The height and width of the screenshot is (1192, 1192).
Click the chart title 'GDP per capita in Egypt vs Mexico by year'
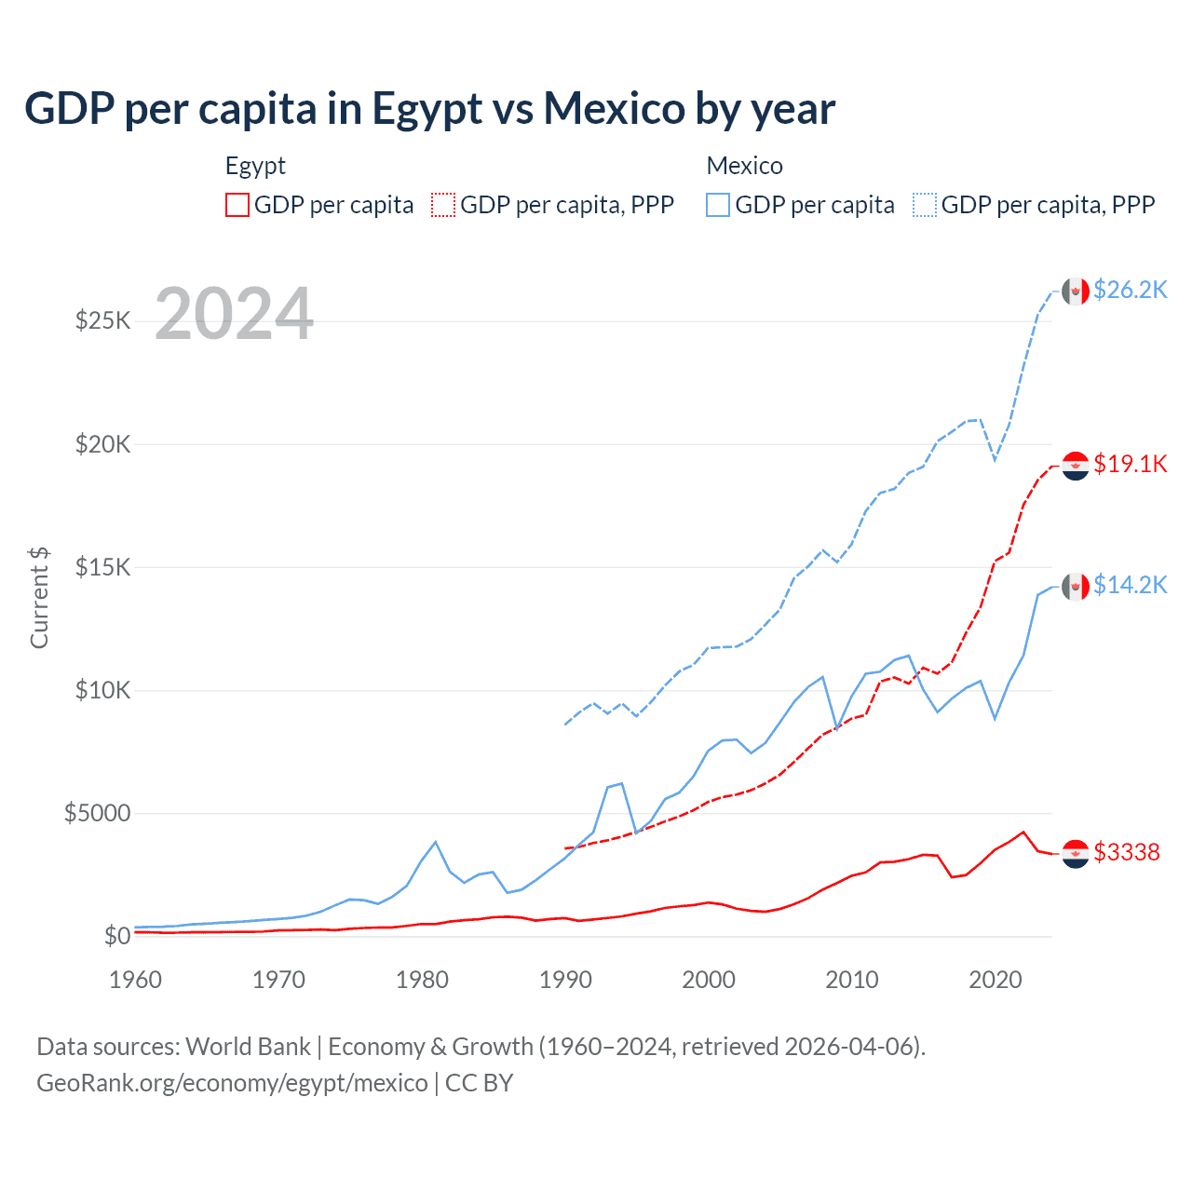pos(429,109)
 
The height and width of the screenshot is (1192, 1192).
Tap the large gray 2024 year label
pos(234,315)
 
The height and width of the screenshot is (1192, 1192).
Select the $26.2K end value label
pos(1130,291)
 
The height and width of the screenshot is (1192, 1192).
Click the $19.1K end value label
pos(1130,464)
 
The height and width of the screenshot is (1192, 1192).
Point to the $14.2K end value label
pos(1130,585)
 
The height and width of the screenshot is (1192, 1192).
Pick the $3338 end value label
pos(1126,852)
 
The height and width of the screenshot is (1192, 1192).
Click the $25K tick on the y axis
pos(102,321)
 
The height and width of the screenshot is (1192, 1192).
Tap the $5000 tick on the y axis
pos(97,813)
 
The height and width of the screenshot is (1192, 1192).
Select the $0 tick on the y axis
pos(116,936)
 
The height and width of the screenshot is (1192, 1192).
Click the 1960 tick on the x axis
pos(136,980)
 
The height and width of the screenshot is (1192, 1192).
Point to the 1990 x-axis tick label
pos(565,980)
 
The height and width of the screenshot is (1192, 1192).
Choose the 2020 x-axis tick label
pos(996,980)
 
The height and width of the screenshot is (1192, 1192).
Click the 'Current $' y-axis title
pos(39,598)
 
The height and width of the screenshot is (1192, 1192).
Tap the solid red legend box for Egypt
pos(237,205)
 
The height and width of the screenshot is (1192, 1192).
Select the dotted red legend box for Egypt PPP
pos(443,205)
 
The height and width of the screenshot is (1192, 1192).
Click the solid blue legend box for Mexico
pos(718,205)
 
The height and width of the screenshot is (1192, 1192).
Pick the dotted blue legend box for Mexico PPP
pos(925,205)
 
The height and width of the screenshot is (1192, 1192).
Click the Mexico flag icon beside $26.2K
pos(1076,291)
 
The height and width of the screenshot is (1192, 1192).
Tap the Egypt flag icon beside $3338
pos(1076,853)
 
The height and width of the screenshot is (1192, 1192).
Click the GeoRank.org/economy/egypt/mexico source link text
pos(232,1083)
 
